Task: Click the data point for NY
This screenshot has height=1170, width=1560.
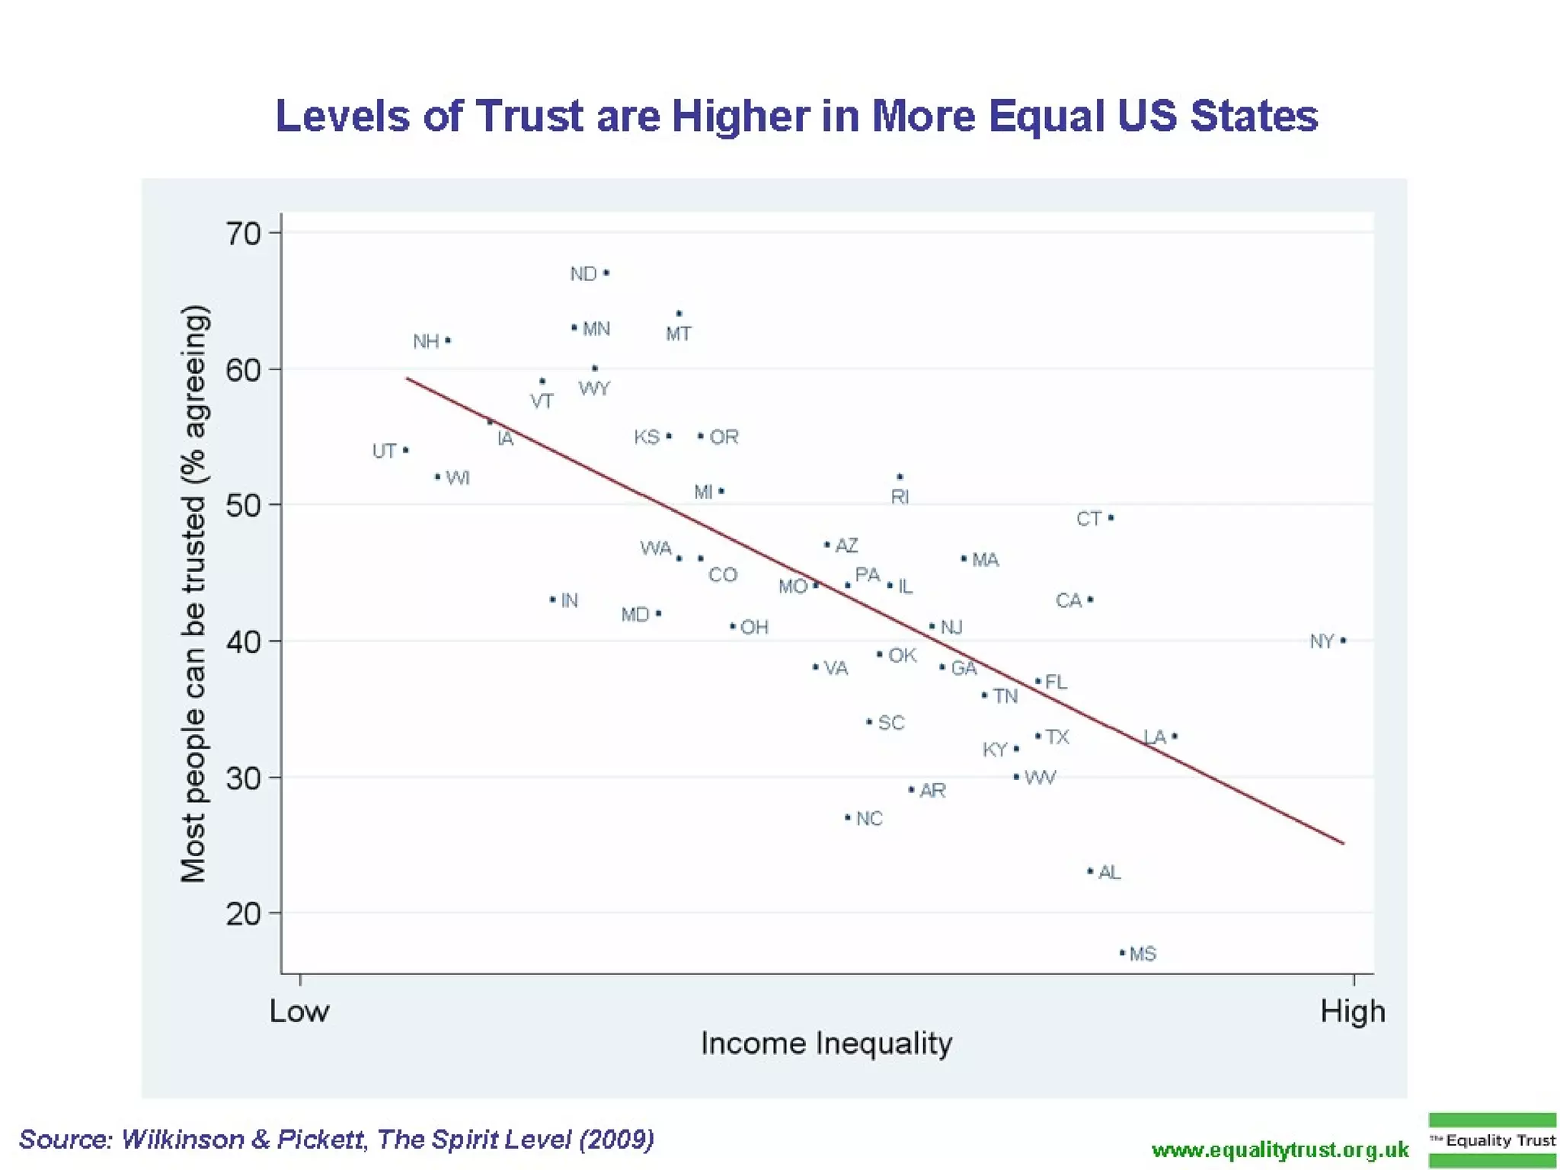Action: [x=1343, y=641]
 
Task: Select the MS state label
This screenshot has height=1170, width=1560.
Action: [x=1143, y=954]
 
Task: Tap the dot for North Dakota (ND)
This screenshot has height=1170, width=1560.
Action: [x=606, y=273]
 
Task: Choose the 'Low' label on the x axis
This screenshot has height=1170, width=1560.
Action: [x=299, y=1012]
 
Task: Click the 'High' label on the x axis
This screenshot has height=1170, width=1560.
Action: [x=1353, y=1012]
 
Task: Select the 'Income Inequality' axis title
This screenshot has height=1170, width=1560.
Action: [x=826, y=1043]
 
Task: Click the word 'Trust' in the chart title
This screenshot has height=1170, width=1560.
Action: [x=529, y=117]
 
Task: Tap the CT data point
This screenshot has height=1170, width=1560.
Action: [x=1111, y=518]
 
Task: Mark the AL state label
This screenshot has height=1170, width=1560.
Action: [x=1110, y=872]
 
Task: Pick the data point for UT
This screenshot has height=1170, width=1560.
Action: [x=405, y=450]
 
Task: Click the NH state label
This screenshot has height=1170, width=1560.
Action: [x=426, y=341]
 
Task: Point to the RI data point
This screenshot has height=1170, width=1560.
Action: [x=900, y=477]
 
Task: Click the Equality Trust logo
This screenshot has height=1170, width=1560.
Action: [x=1492, y=1140]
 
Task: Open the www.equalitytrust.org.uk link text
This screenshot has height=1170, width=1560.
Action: [x=1280, y=1149]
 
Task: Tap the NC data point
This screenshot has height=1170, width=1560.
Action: [x=848, y=817]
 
